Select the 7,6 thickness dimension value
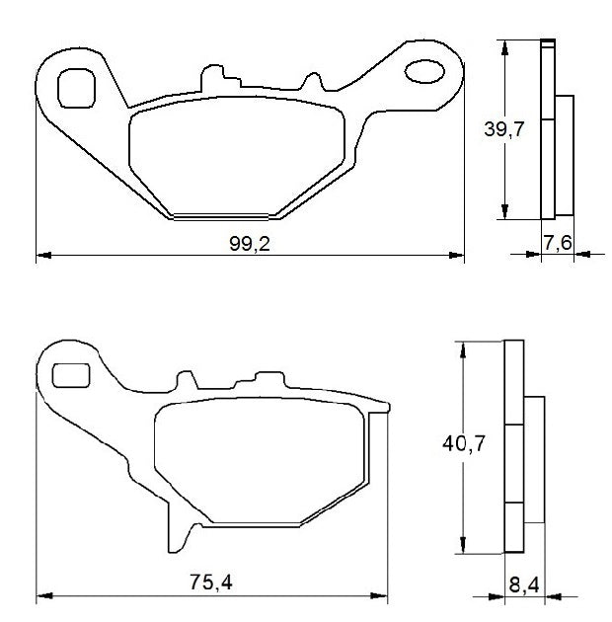(558, 243)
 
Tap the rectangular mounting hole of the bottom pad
(68, 375)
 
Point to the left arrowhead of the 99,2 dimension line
(42, 256)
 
